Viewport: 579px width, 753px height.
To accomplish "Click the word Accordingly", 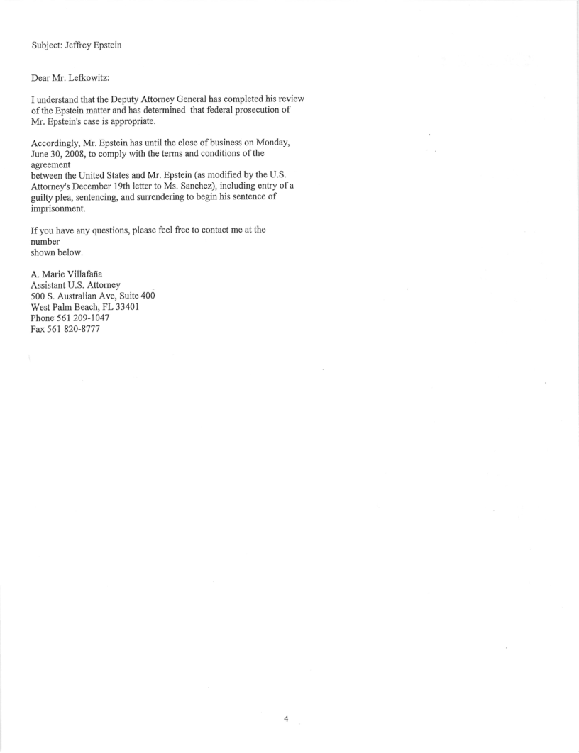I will coord(59,143).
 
